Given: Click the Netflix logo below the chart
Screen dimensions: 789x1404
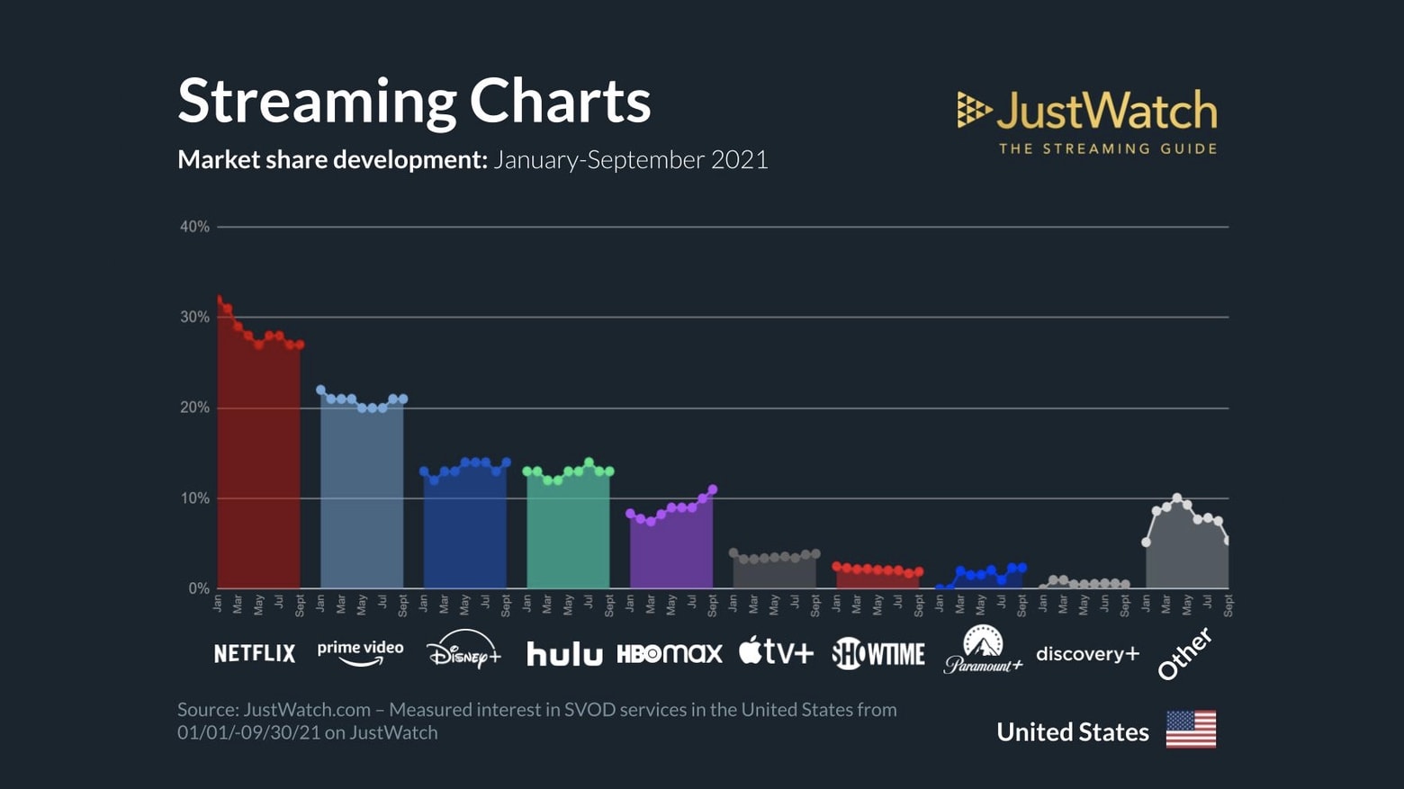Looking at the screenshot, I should point(254,653).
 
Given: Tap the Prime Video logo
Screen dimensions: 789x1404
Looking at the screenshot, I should point(360,652).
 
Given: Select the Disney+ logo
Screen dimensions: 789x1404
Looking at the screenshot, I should point(463,650).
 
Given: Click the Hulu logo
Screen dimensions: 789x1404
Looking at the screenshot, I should point(564,654).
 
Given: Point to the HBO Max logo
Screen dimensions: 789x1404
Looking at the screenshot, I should point(669,653).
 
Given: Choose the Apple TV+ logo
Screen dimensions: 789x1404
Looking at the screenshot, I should point(776,650).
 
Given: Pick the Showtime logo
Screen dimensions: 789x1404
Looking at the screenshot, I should point(878,654).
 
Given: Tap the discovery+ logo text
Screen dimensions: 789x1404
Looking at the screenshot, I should point(1087,654).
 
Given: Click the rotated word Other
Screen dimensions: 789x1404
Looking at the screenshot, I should point(1184,654).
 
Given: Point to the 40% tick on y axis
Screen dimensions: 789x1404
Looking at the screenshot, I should point(194,227).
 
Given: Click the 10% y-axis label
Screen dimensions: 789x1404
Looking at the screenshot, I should point(194,498).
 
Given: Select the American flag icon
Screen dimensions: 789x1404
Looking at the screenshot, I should point(1191,730).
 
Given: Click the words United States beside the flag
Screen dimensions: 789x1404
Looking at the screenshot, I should point(1072,732).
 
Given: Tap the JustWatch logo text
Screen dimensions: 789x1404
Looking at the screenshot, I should point(1106,111).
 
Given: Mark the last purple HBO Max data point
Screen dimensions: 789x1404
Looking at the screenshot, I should point(713,489).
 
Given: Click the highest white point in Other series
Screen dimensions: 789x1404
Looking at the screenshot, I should point(1177,498).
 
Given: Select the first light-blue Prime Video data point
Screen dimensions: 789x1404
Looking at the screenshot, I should point(321,390).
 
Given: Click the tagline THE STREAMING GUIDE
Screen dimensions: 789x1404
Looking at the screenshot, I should point(1107,148).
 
